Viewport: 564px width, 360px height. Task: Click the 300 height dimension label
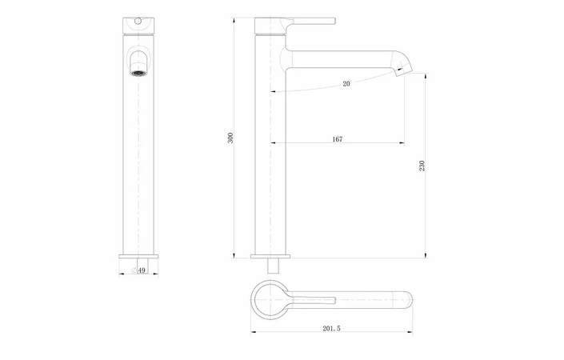[230, 138]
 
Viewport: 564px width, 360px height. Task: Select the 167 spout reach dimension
[337, 139]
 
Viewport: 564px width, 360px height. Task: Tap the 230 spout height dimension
[422, 166]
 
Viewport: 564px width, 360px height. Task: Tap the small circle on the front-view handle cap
[139, 18]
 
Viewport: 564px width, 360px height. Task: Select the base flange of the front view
[139, 256]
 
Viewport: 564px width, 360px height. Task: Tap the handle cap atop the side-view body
[270, 25]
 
